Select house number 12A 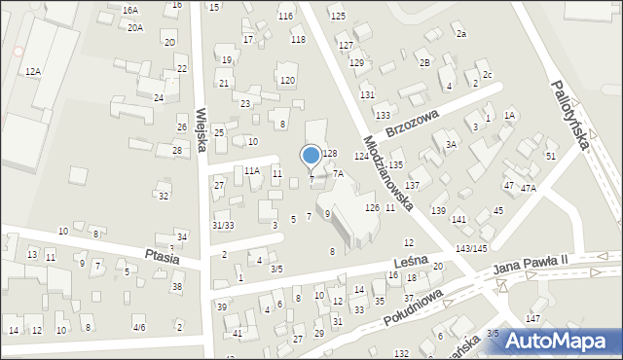(33, 71)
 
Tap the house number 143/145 (472, 249)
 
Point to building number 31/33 (223, 226)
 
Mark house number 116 (285, 17)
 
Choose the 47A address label (528, 188)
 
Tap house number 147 (532, 319)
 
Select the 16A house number (130, 10)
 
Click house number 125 (338, 17)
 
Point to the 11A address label (252, 171)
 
